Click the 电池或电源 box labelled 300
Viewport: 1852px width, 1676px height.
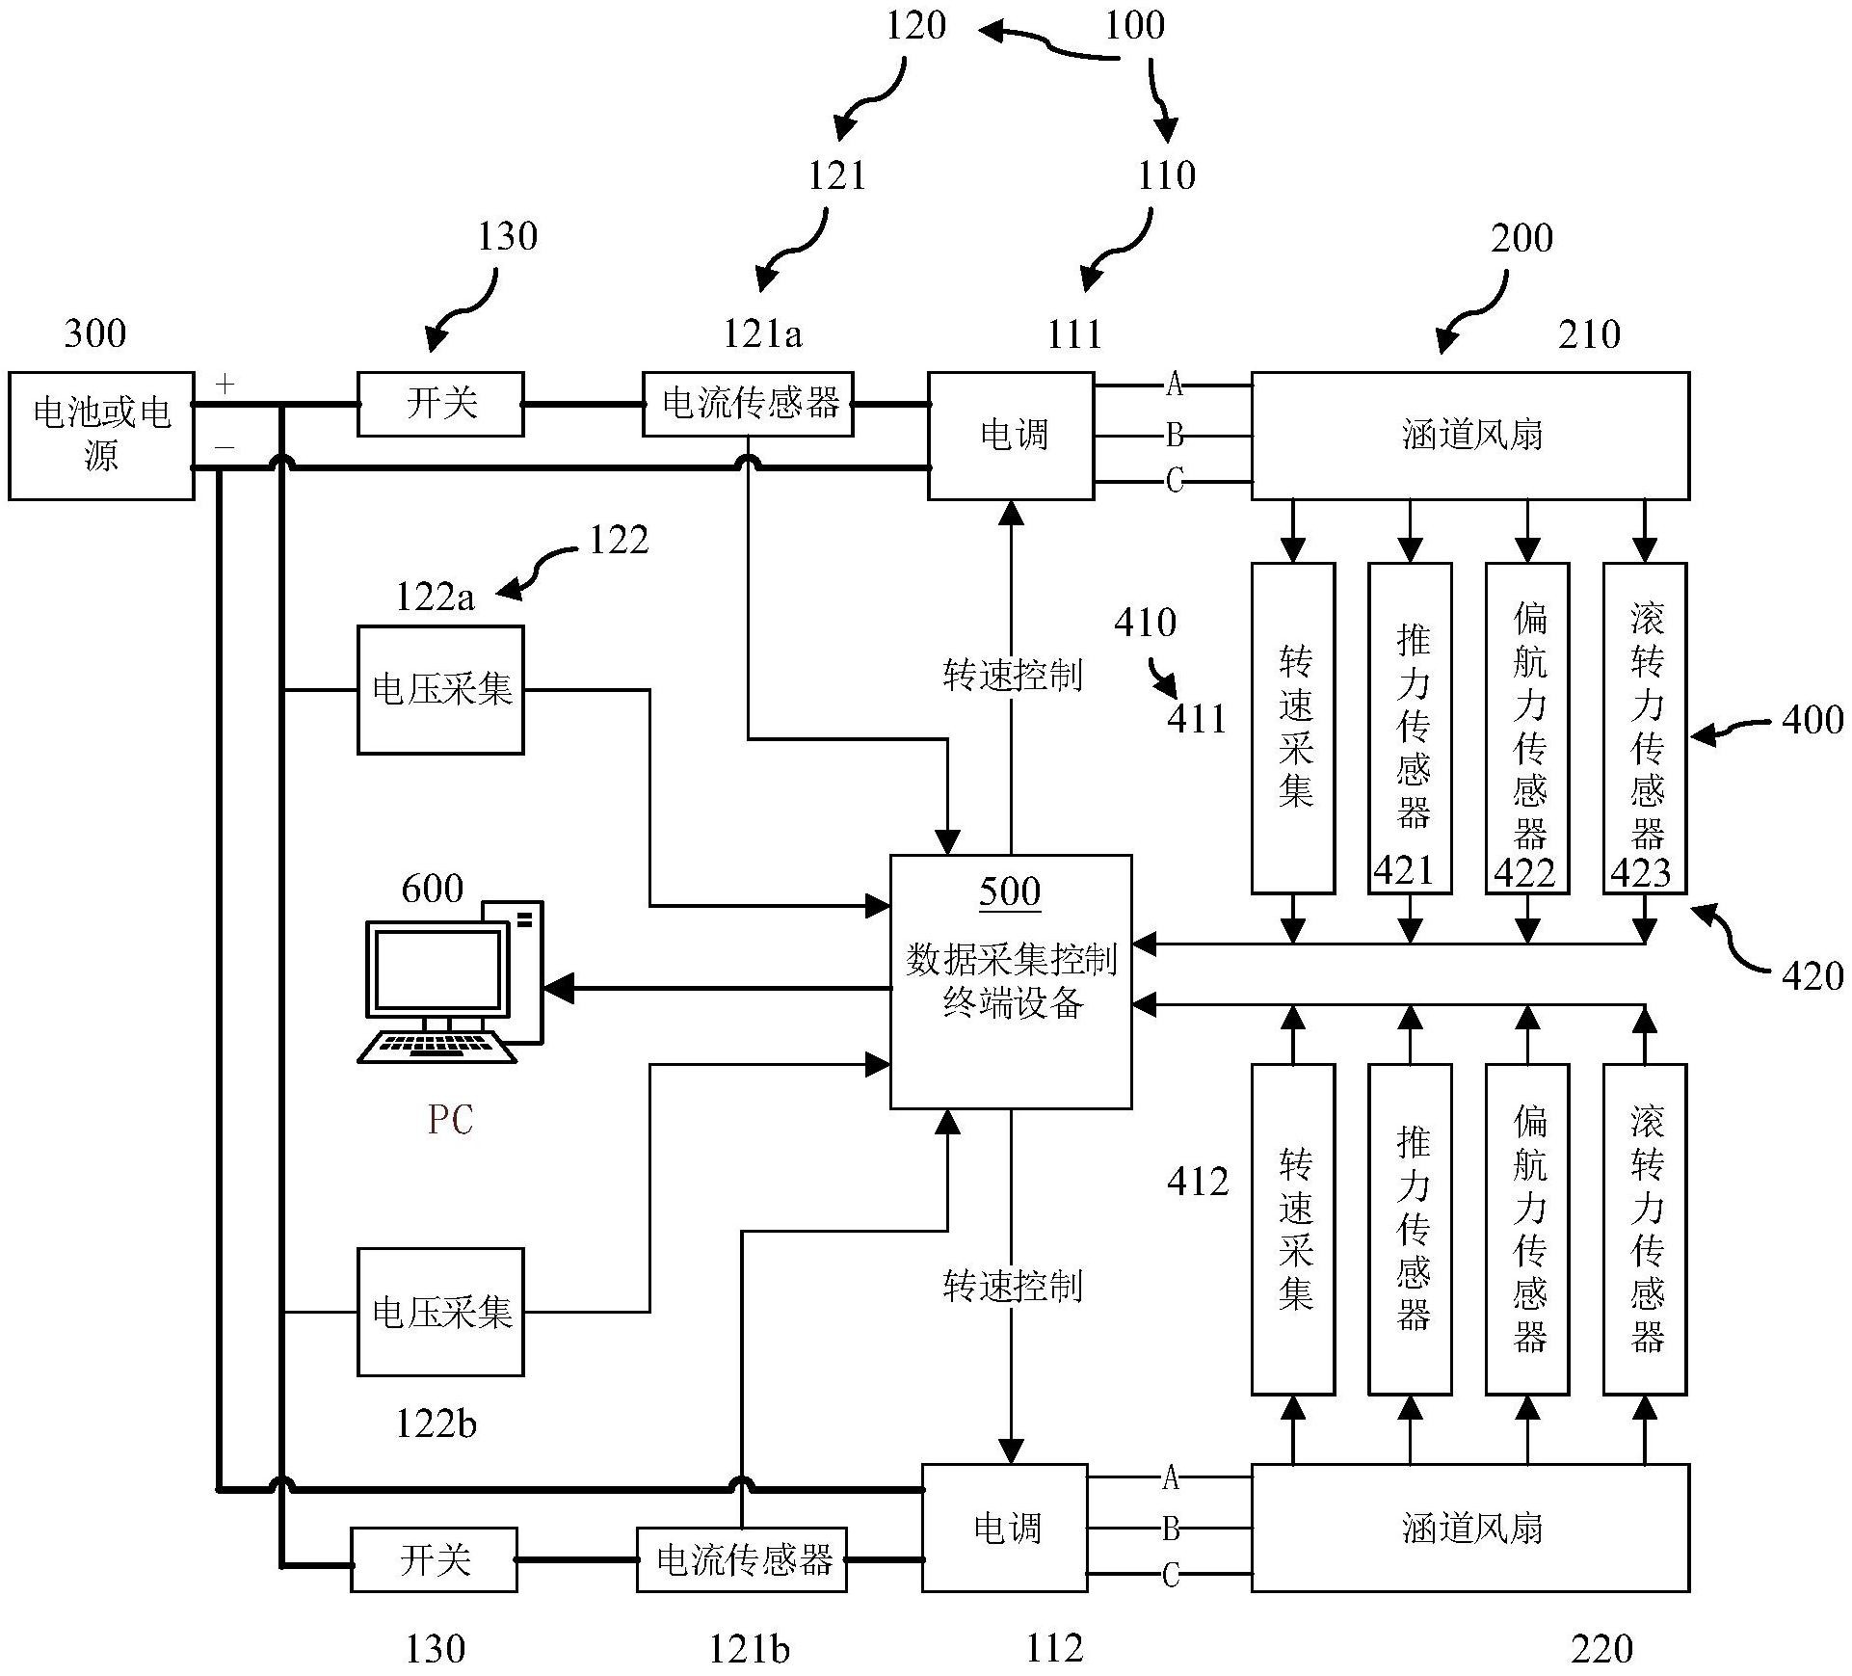[101, 436]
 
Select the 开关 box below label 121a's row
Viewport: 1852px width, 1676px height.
[440, 404]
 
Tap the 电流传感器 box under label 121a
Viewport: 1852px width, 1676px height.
[748, 404]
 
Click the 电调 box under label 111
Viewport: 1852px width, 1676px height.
[1011, 436]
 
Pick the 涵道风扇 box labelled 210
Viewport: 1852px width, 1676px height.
[1469, 436]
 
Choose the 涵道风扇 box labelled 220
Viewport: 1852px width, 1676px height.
[1469, 1528]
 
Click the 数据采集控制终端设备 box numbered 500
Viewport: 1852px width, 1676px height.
[1010, 981]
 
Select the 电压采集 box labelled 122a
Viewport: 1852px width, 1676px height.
[440, 690]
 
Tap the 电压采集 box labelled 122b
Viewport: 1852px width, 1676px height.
[440, 1312]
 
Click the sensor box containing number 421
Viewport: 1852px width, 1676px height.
[1410, 729]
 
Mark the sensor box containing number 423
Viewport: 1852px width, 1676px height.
[1644, 729]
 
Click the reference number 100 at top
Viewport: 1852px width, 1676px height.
[1134, 25]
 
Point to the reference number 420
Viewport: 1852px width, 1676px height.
[1812, 976]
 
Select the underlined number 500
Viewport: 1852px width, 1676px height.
[1010, 891]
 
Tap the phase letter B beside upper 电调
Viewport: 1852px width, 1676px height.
[1174, 436]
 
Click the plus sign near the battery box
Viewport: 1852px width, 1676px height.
[225, 386]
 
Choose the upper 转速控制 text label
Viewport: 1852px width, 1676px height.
[1012, 676]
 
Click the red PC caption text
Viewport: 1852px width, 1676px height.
[450, 1120]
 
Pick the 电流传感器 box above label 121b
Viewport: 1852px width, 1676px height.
[742, 1559]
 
